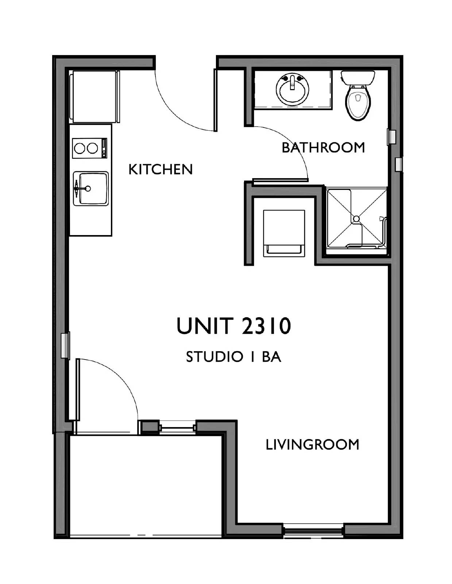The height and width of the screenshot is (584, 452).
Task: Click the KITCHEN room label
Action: click(x=161, y=169)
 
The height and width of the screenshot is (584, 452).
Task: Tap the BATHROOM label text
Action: click(x=323, y=147)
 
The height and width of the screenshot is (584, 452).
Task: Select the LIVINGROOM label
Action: click(x=312, y=445)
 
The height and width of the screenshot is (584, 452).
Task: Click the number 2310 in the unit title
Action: click(x=266, y=326)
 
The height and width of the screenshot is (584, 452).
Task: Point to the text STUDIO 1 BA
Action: click(x=233, y=357)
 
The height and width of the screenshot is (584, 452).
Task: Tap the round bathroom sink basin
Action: click(x=293, y=90)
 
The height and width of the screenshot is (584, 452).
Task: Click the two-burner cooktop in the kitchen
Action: click(x=86, y=148)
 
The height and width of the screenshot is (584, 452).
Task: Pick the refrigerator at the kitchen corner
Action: click(x=94, y=97)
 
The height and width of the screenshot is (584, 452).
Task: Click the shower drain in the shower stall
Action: click(x=356, y=219)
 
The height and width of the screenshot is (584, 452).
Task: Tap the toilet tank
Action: click(x=358, y=77)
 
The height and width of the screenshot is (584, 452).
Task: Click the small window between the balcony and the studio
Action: click(x=178, y=427)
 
